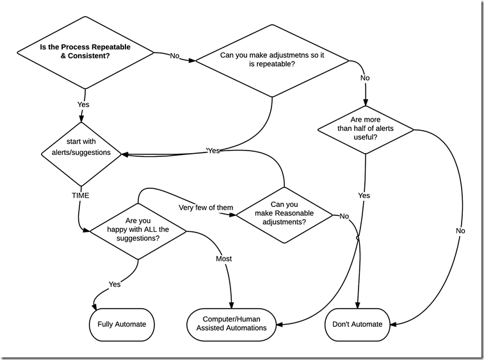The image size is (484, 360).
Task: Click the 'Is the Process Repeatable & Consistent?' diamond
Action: pyautogui.click(x=85, y=51)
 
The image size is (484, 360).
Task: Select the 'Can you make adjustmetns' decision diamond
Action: pyautogui.click(x=271, y=60)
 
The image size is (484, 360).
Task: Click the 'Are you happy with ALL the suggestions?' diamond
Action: pyautogui.click(x=138, y=229)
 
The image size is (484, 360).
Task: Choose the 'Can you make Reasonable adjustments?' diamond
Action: pyautogui.click(x=284, y=213)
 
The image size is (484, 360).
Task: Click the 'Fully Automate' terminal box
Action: pyautogui.click(x=121, y=324)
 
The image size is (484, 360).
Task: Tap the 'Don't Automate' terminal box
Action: pyautogui.click(x=358, y=324)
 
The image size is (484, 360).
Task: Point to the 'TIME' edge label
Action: pyautogui.click(x=81, y=195)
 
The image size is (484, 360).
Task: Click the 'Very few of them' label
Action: pyautogui.click(x=206, y=207)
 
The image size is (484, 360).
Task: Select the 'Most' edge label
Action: pyautogui.click(x=223, y=259)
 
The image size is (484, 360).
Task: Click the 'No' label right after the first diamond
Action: pyautogui.click(x=175, y=56)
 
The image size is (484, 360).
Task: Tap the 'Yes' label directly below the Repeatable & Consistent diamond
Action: pyautogui.click(x=83, y=104)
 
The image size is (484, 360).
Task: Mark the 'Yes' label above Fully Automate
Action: pyautogui.click(x=115, y=284)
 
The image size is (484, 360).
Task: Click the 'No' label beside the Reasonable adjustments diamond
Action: pyautogui.click(x=344, y=216)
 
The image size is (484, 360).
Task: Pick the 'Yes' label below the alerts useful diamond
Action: pyautogui.click(x=364, y=195)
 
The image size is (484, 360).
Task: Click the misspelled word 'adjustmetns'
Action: pyautogui.click(x=302, y=55)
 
